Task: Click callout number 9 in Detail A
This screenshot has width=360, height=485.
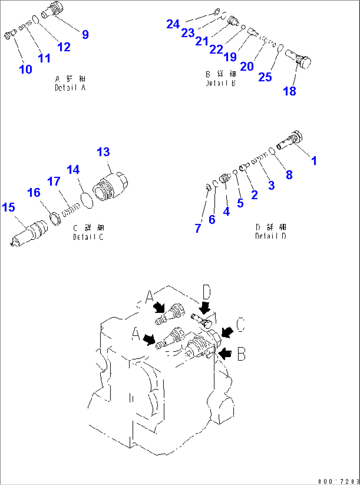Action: (85, 34)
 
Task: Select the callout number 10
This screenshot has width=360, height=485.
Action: (26, 69)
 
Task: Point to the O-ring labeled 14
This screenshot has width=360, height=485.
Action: (87, 201)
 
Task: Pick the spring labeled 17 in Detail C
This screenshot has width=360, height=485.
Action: (71, 210)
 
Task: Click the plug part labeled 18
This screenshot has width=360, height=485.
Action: (299, 59)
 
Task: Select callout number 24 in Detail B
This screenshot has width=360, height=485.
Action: (173, 24)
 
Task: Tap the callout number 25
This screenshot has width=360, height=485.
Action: (265, 77)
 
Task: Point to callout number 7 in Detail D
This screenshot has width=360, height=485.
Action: (198, 228)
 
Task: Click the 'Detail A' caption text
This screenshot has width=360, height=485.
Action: (70, 88)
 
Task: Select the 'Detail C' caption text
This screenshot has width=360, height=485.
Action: (88, 237)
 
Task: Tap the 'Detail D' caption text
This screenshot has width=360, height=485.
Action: (270, 236)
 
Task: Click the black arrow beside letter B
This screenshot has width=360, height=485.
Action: (225, 354)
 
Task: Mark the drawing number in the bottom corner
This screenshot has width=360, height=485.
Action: (339, 481)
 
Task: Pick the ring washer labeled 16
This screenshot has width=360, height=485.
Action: (55, 219)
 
